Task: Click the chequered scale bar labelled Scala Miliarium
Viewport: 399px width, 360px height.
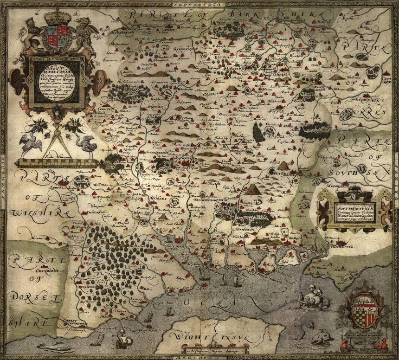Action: click(x=57, y=163)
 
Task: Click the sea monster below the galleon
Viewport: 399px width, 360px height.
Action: click(x=322, y=336)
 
